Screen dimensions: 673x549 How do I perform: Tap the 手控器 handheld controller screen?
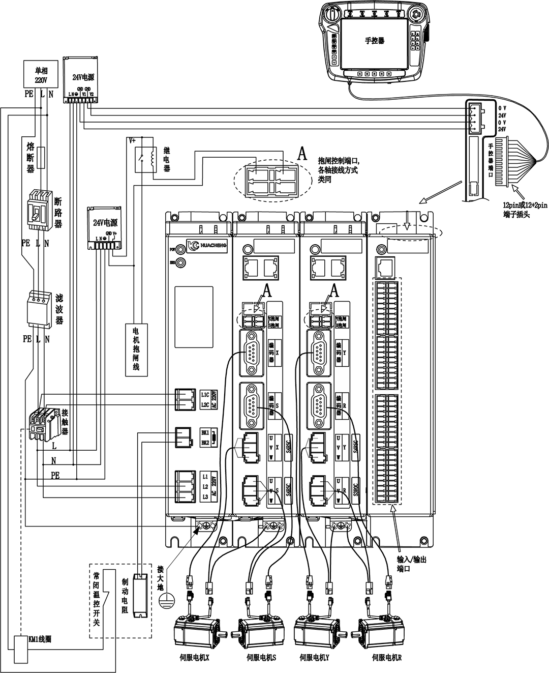[374, 43]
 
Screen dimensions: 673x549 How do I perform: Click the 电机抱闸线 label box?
[136, 349]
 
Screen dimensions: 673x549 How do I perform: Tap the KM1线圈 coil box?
[21, 649]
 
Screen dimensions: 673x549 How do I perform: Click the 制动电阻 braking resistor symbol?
[139, 596]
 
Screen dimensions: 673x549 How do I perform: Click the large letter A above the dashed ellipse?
[302, 154]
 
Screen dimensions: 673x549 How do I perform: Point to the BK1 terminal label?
[205, 432]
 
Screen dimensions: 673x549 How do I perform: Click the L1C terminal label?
[205, 394]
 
